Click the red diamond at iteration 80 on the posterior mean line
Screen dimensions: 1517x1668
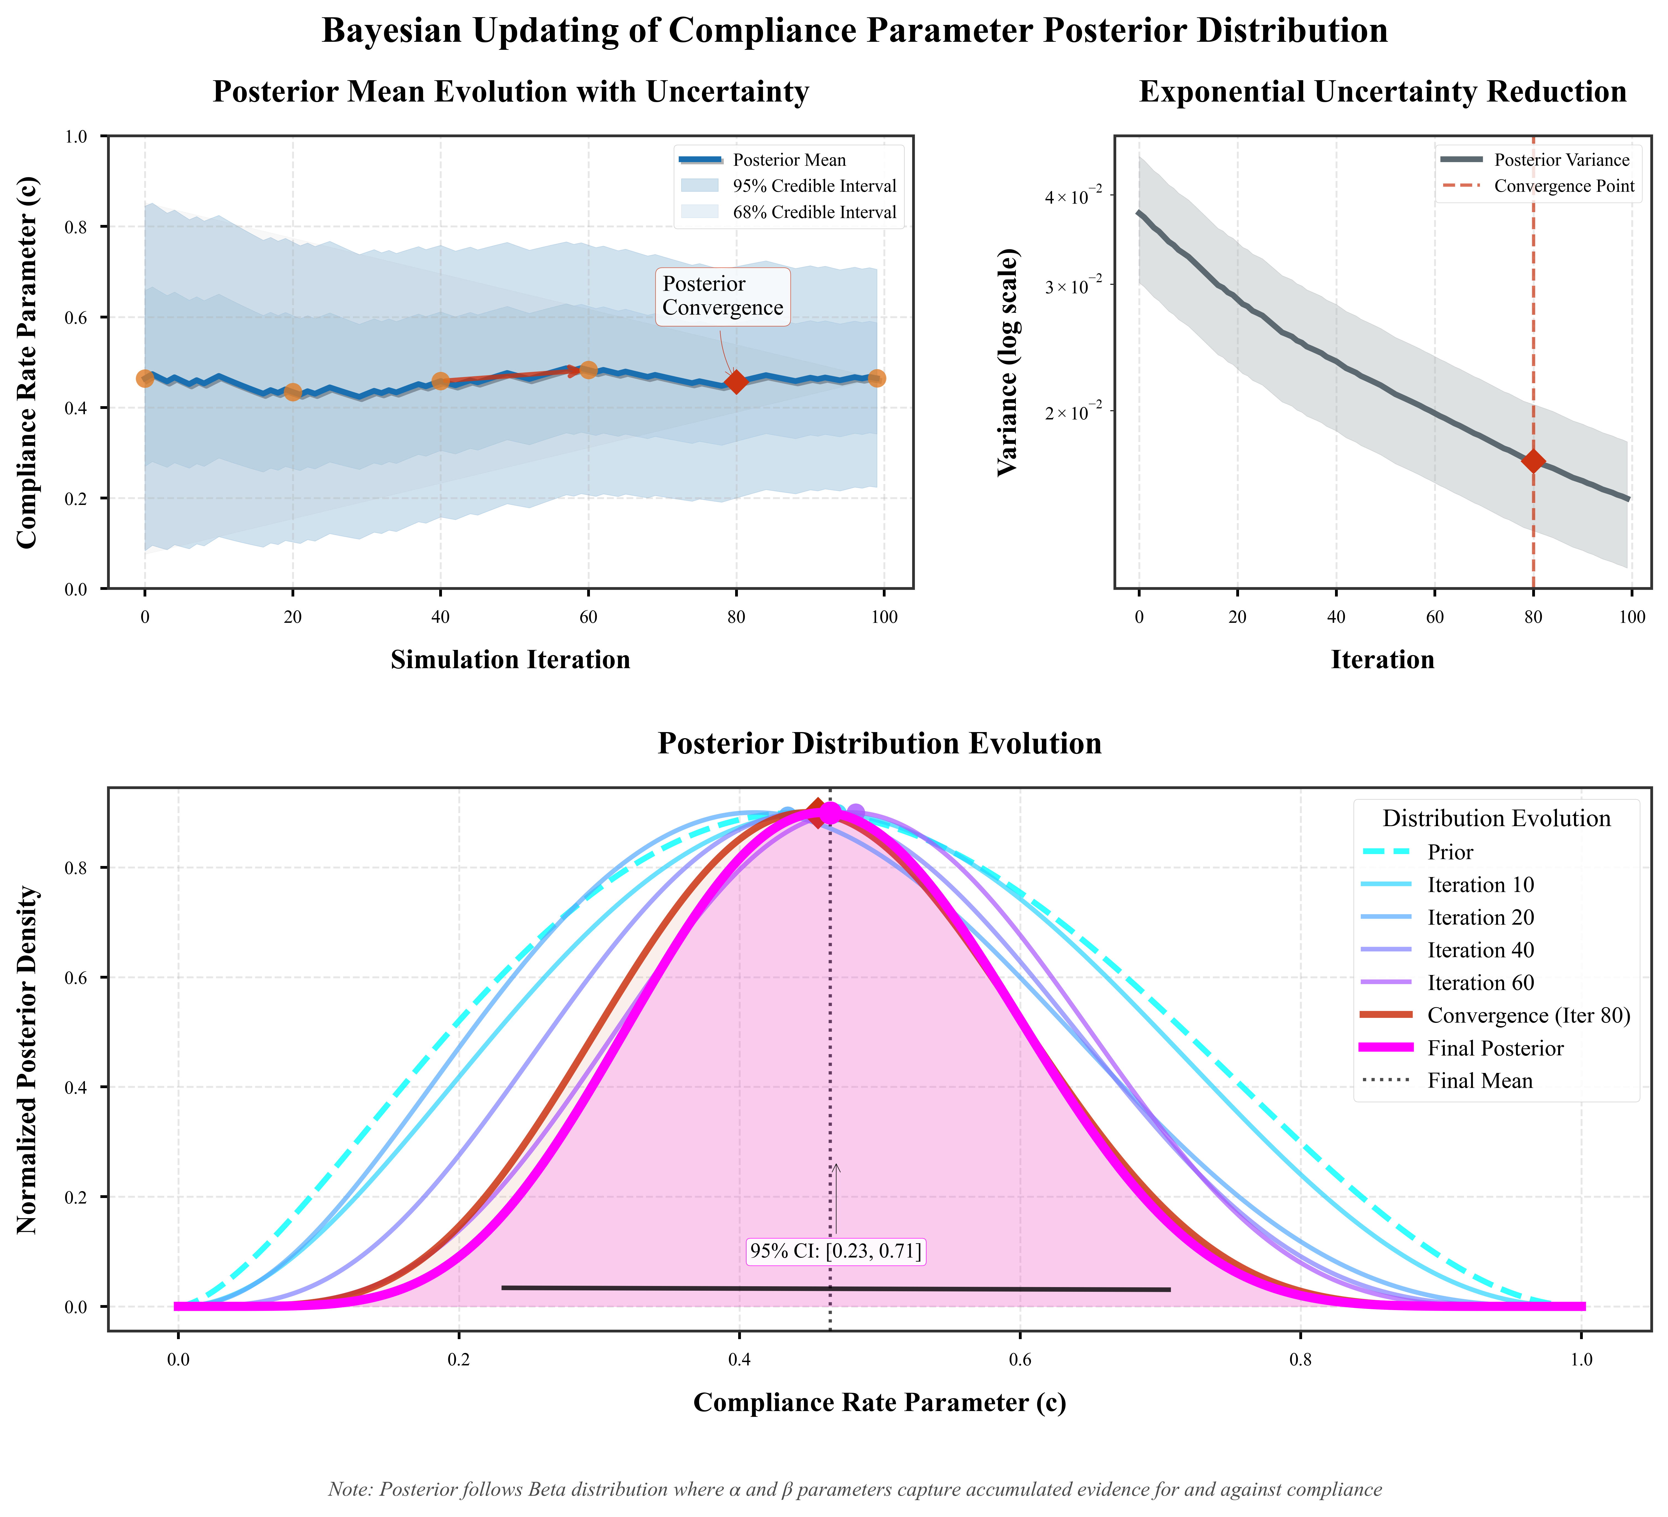tap(736, 382)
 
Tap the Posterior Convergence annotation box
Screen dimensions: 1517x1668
tap(722, 296)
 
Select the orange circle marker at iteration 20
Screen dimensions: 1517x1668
tap(292, 391)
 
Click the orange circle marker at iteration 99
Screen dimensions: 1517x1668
tap(877, 378)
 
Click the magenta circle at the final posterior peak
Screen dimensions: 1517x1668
tap(830, 813)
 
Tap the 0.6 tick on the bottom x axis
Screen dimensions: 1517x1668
tap(1020, 1361)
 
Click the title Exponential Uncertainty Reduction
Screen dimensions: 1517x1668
tap(1383, 92)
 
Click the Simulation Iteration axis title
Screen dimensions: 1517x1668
tap(511, 660)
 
